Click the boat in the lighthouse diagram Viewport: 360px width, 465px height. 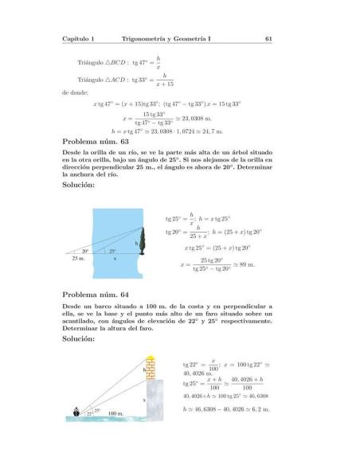pyautogui.click(x=76, y=412)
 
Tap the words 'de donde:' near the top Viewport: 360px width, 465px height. pyautogui.click(x=76, y=91)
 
